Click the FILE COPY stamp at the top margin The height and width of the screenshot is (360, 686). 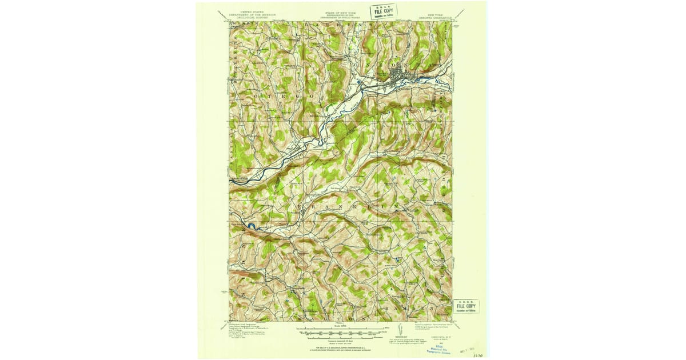click(383, 11)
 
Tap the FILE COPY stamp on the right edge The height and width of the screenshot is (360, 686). click(466, 306)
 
